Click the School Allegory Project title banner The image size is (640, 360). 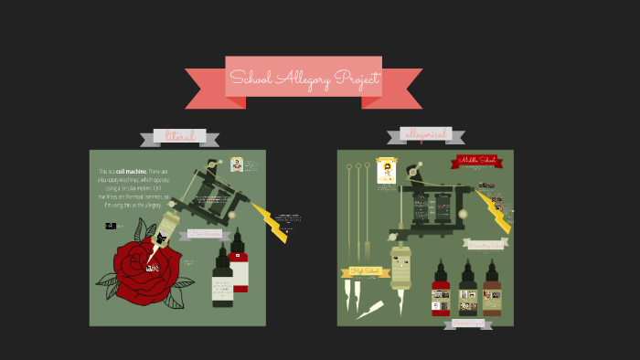pos(304,80)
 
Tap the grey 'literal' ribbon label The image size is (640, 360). pos(179,137)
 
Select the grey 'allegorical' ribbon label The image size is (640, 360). pos(425,135)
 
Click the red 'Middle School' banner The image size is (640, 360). pos(480,161)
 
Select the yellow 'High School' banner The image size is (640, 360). pos(365,270)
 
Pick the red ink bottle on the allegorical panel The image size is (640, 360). pos(441,288)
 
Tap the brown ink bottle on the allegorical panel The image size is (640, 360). pos(492,288)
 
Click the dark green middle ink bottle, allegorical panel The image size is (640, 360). pos(467,288)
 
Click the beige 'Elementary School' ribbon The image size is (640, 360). pos(485,244)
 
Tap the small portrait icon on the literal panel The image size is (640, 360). pos(236,164)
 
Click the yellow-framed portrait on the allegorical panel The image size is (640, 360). pos(387,170)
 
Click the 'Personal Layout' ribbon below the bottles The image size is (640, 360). pos(468,323)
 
